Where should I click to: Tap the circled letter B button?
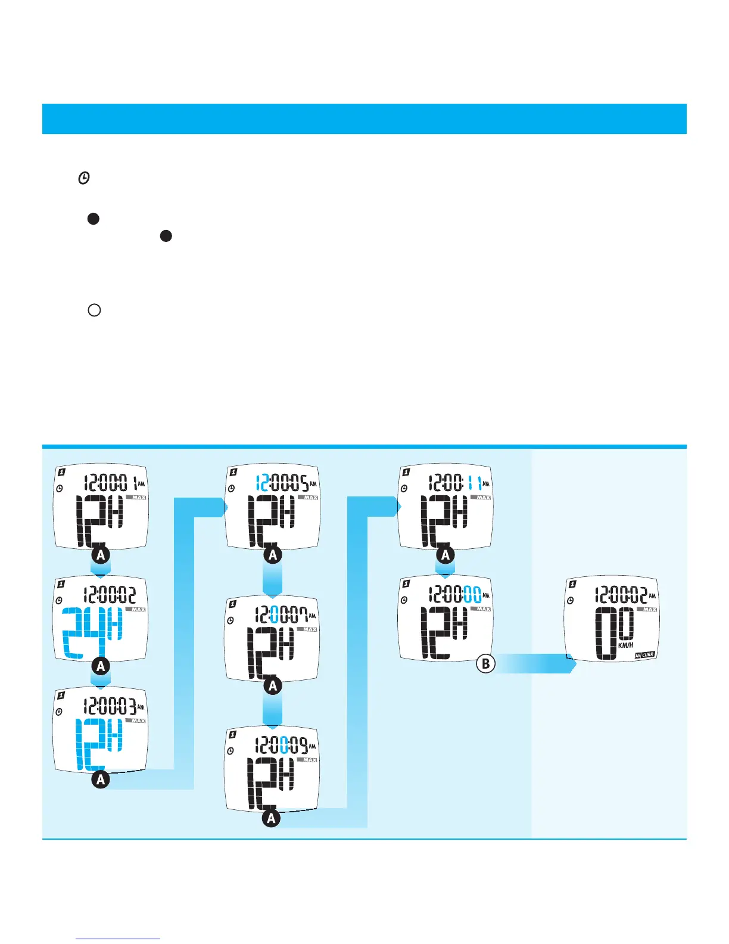point(486,663)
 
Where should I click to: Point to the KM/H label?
point(625,645)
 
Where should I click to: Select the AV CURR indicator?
point(644,654)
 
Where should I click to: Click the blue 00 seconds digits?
point(472,594)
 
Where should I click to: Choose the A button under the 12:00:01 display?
point(101,555)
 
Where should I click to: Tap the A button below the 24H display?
point(101,666)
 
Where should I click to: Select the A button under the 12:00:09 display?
point(272,818)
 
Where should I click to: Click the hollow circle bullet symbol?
point(94,310)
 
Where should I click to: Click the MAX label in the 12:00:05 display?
point(310,498)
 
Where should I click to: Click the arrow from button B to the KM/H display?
point(536,663)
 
